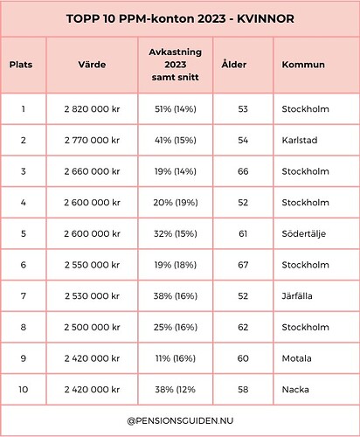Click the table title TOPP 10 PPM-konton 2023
(x=179, y=18)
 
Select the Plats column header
(x=22, y=65)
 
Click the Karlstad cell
(x=300, y=139)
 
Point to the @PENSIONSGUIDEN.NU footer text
(x=179, y=420)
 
